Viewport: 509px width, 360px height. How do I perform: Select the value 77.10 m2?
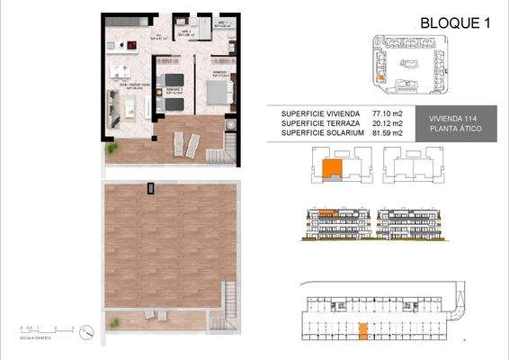coord(386,113)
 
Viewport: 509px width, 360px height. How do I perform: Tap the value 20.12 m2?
coord(386,123)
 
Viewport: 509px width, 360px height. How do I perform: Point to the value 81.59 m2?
coord(386,133)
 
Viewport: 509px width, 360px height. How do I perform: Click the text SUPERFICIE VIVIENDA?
coord(320,113)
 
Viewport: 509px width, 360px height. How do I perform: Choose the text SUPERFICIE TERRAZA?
coord(319,123)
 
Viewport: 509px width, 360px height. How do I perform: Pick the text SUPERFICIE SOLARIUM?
coord(322,133)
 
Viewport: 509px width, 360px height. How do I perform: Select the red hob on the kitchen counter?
coord(131,45)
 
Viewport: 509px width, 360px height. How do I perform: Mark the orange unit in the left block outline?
coord(333,167)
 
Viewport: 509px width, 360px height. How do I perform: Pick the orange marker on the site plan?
coord(380,78)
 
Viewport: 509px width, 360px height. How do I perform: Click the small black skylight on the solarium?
coord(151,186)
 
